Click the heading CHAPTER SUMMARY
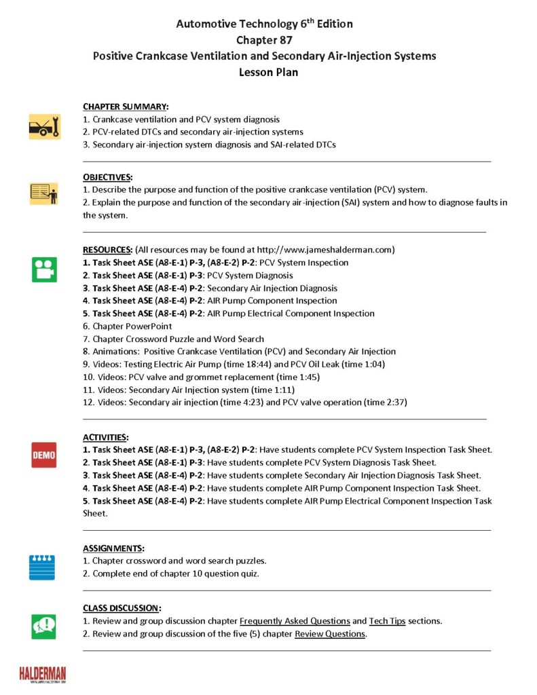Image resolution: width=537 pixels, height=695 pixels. [126, 107]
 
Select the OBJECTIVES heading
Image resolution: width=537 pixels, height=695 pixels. [108, 177]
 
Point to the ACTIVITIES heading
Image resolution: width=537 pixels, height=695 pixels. [106, 437]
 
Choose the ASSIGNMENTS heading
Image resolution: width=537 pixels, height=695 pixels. [113, 548]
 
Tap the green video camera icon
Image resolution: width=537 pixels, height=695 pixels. [44, 269]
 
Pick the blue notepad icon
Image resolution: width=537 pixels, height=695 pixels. [42, 567]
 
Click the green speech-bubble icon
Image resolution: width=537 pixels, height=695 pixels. [44, 626]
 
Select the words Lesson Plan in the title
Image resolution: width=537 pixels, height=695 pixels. [268, 72]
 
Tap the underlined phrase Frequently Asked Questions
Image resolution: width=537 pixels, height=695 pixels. [295, 621]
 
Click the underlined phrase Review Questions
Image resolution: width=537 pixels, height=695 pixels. [330, 634]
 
